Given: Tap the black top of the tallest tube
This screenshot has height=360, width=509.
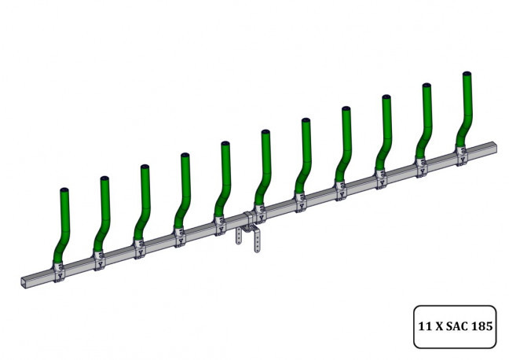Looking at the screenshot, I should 466,73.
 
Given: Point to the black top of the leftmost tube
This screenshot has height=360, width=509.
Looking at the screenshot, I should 64,190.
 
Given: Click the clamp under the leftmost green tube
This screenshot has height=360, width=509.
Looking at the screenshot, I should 60,270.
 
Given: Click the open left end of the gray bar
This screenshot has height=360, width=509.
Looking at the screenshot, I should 21,281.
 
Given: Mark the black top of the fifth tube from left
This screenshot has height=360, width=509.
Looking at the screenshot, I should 225,144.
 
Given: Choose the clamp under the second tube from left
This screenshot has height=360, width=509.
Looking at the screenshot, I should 100,259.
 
